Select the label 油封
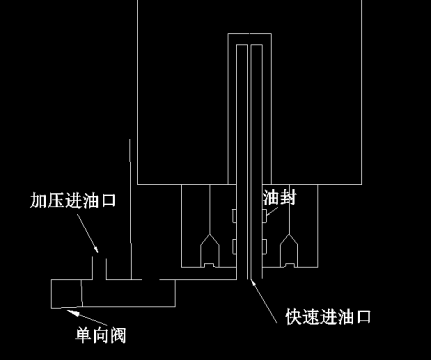coord(279,198)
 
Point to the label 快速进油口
coord(329,318)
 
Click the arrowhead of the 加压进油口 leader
coord(97,251)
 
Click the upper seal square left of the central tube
coord(230,216)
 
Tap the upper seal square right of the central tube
coord(263,216)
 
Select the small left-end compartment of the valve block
coord(64,292)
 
